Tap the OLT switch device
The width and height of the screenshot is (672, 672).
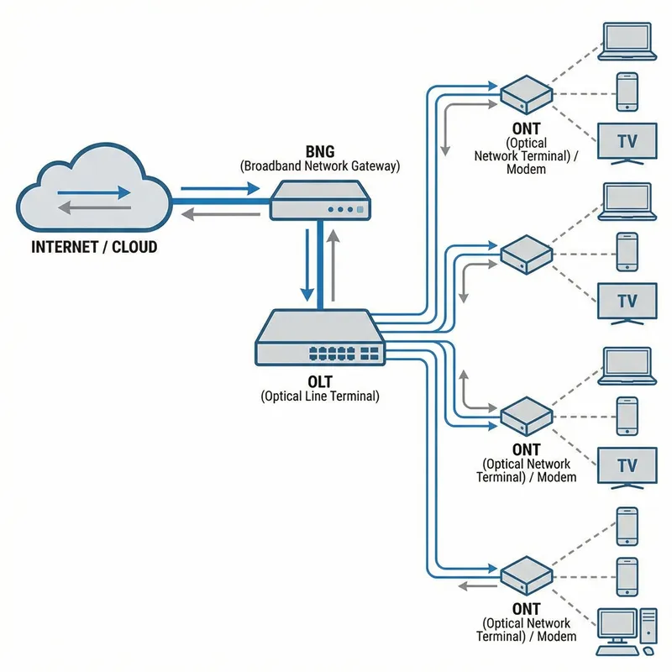point(320,341)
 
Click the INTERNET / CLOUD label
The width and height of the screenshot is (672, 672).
point(94,248)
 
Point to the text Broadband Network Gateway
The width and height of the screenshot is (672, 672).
point(320,165)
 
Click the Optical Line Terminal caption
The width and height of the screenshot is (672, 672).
point(320,396)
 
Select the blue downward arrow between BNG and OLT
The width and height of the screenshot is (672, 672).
point(307,265)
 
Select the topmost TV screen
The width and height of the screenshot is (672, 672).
point(627,141)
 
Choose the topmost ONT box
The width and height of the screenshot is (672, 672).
point(527,94)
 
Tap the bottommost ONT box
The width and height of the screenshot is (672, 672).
point(527,576)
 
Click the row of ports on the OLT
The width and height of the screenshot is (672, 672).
point(344,353)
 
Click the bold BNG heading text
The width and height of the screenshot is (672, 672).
point(320,151)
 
